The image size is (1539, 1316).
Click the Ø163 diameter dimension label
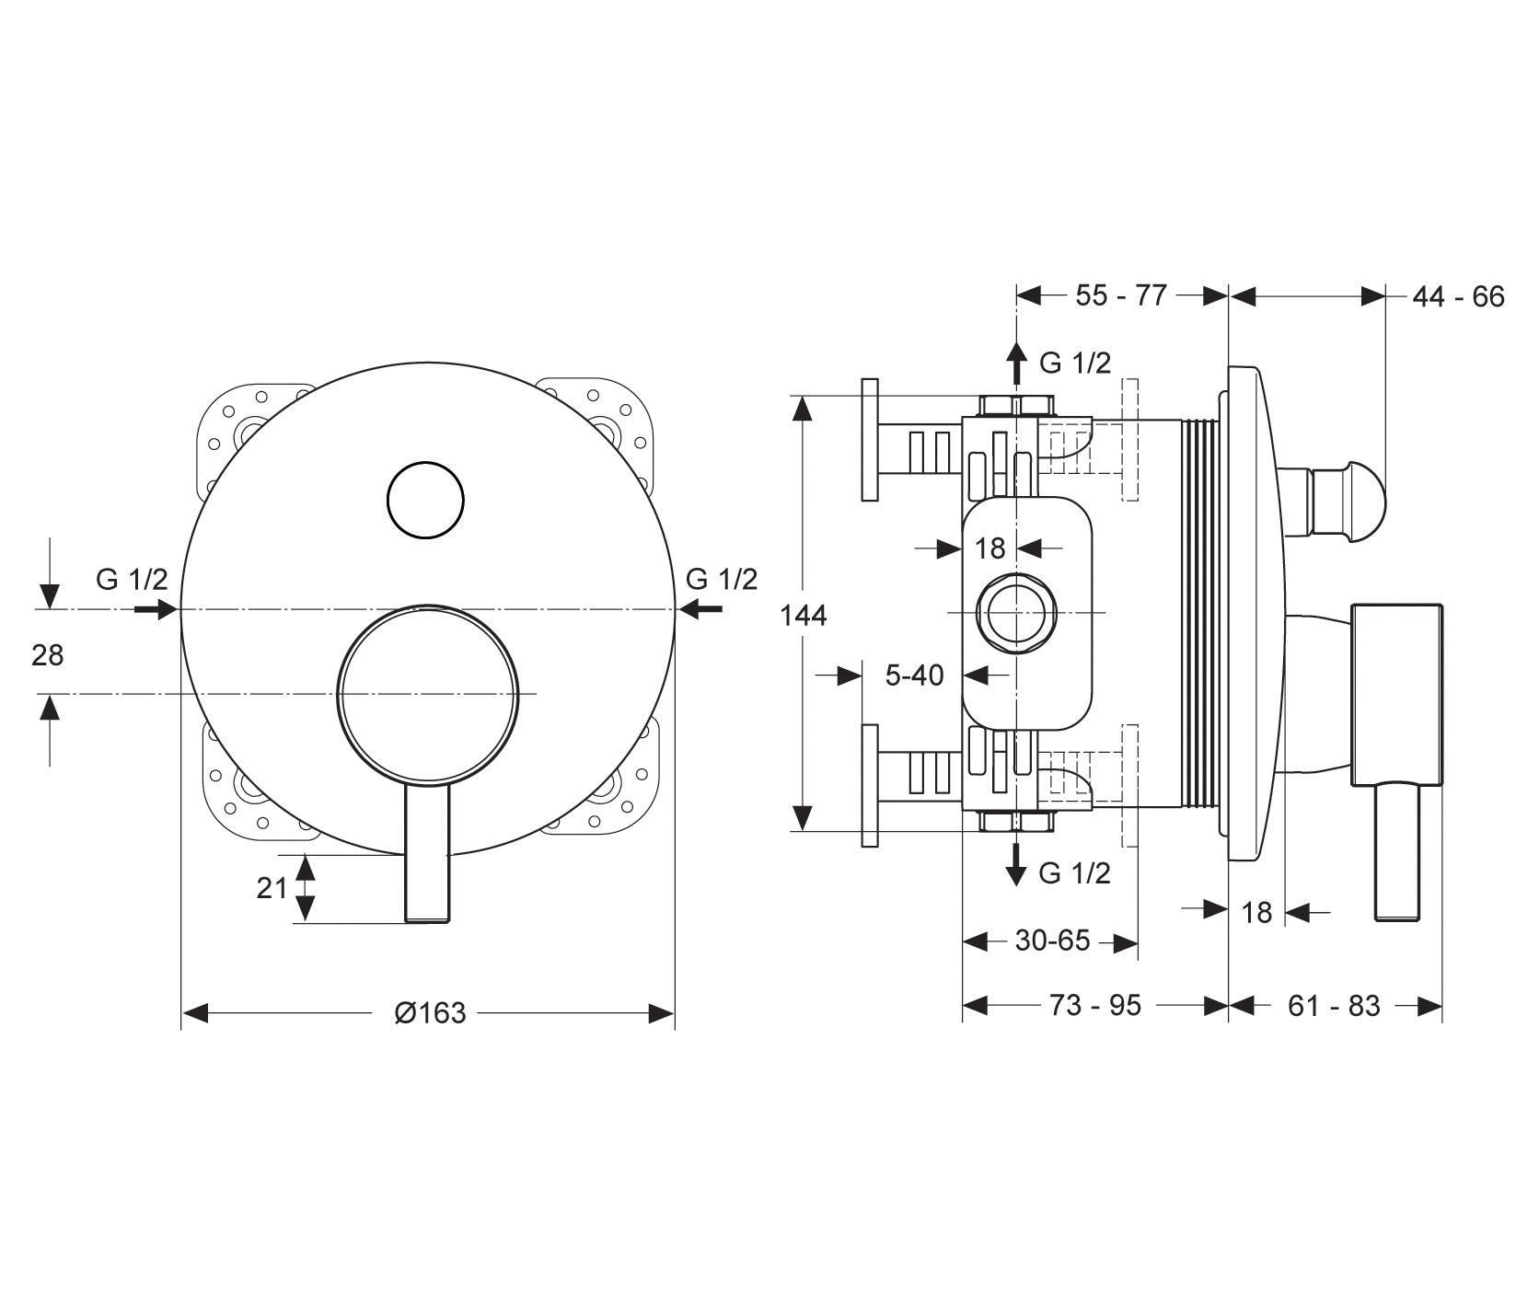430,1013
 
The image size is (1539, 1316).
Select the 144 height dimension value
804,615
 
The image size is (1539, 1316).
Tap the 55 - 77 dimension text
1121,295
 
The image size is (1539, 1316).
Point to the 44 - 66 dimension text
1458,296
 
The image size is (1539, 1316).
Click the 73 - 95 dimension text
1095,1006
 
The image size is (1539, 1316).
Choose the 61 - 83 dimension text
1334,1006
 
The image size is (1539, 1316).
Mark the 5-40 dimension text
914,675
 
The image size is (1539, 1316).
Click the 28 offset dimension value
48,655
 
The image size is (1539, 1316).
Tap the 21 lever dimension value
272,888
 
